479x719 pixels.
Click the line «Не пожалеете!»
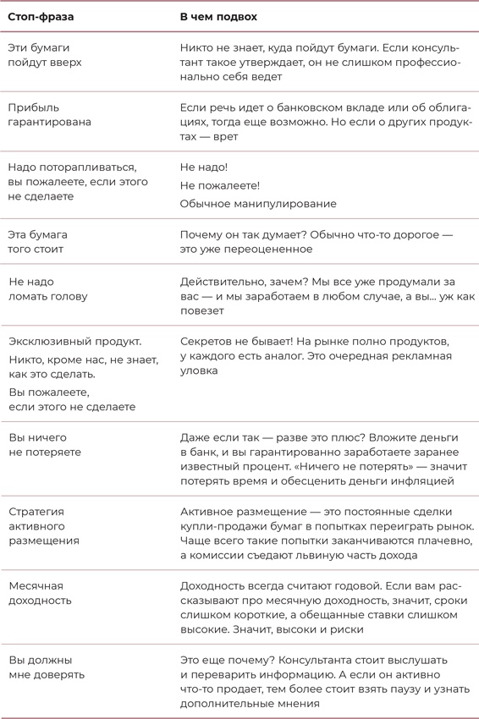click(x=220, y=185)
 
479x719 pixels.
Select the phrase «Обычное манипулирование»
click(x=258, y=203)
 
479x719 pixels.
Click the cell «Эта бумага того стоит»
click(x=37, y=242)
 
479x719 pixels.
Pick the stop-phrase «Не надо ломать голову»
click(x=47, y=288)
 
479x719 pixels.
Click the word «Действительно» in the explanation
click(x=220, y=281)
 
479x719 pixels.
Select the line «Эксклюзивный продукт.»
click(x=74, y=342)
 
